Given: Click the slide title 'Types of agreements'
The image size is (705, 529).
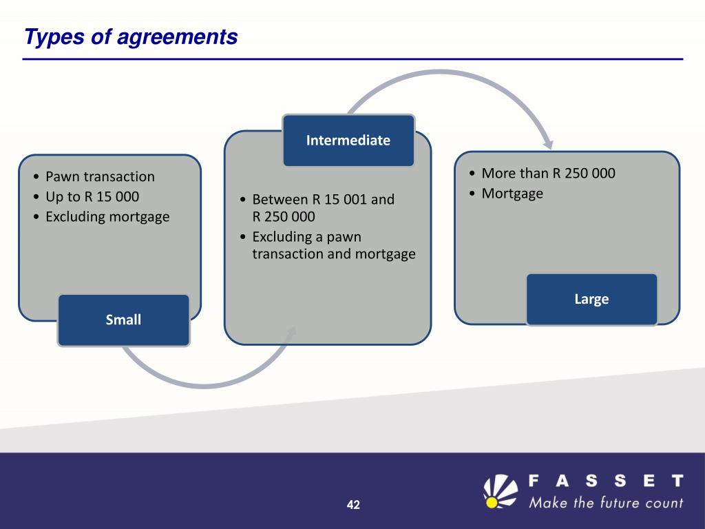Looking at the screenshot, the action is click(x=131, y=37).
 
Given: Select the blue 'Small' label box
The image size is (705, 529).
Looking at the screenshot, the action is click(x=123, y=320).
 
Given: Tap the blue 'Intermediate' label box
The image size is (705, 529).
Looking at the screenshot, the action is click(x=348, y=141).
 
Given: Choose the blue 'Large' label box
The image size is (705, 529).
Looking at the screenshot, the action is click(x=591, y=299).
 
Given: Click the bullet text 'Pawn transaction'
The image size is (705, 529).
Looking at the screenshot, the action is click(x=100, y=177).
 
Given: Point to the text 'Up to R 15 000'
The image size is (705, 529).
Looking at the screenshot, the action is click(x=92, y=197).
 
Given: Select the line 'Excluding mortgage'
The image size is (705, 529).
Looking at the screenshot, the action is click(x=107, y=217).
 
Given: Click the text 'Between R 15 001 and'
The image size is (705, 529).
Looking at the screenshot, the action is click(x=323, y=200).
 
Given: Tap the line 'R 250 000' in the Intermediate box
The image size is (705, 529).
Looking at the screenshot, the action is click(x=284, y=217).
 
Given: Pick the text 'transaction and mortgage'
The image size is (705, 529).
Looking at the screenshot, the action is click(x=334, y=253).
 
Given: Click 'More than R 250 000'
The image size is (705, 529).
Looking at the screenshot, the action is click(x=548, y=173).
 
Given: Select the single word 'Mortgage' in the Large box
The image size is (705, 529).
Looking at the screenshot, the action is click(x=512, y=194).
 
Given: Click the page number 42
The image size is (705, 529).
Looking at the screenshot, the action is click(x=353, y=505).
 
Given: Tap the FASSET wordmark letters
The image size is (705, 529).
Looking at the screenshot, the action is click(x=606, y=480).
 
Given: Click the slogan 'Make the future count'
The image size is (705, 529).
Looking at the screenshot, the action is click(x=606, y=502).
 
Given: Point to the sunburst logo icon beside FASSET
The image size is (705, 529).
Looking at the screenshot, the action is click(x=500, y=490).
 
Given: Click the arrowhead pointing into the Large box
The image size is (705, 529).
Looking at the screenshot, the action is click(x=548, y=143).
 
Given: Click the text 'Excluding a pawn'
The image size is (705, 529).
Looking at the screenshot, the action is click(x=306, y=237).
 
